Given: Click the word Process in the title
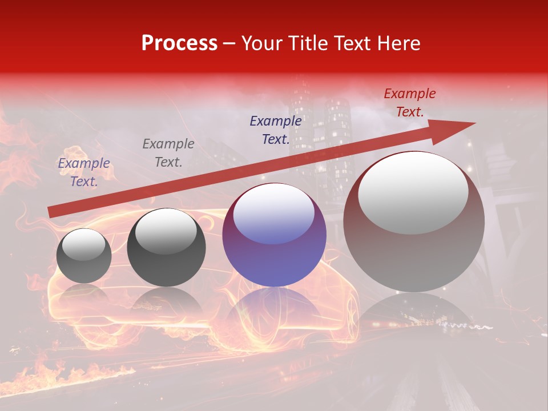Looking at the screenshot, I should point(179,43).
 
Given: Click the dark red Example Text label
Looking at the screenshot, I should point(409,103).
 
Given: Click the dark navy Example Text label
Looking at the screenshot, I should point(276,130).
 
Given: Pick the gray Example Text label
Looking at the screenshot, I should point(168,152).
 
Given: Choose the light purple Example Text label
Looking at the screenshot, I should point(84,172).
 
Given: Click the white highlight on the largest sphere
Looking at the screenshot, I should point(413,192).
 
